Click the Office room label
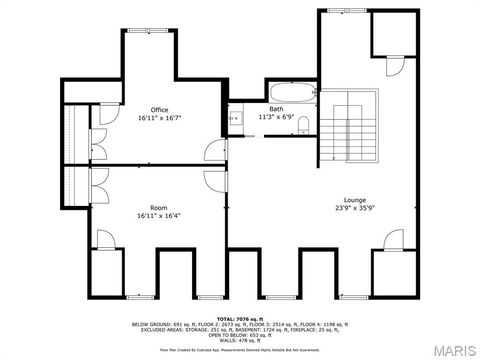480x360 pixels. [x=160, y=109]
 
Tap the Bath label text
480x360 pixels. [x=276, y=108]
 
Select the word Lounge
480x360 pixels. [x=355, y=199]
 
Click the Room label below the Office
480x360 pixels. [x=159, y=208]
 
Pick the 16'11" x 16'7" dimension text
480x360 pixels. [x=160, y=118]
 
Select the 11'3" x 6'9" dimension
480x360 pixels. [x=276, y=116]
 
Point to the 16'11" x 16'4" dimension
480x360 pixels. [x=159, y=216]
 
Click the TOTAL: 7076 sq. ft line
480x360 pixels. [x=240, y=318]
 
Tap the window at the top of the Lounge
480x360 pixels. [x=340, y=11]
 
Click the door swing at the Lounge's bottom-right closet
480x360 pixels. [x=394, y=239]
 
